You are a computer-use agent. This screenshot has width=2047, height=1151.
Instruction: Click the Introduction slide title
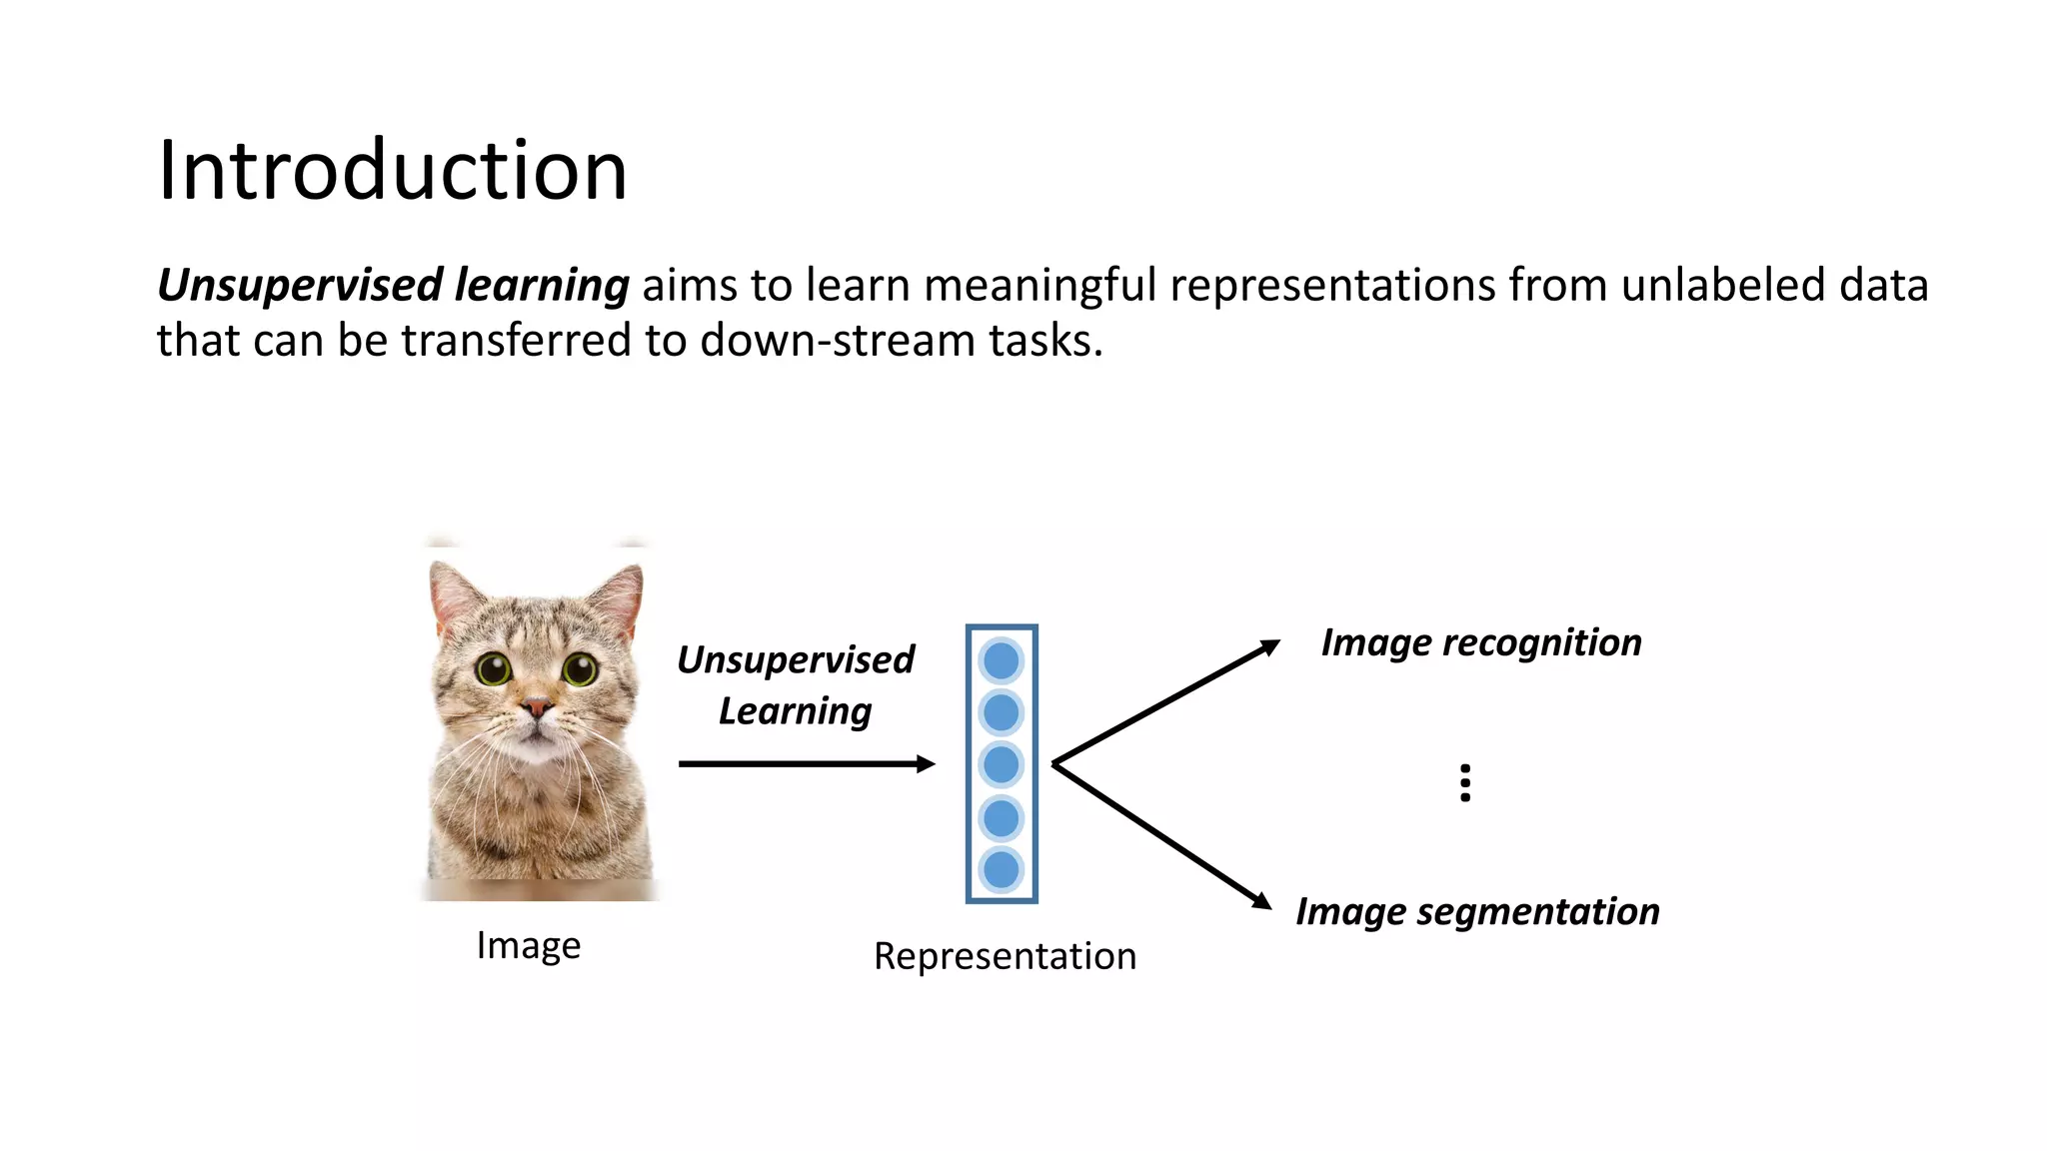click(x=392, y=171)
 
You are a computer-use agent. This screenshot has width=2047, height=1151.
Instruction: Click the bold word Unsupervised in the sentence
click(x=300, y=286)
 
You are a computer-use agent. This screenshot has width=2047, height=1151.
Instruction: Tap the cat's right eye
click(x=580, y=667)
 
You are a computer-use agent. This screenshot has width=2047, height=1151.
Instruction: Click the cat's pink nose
click(x=538, y=707)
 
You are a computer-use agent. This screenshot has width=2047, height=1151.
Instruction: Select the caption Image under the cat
click(x=528, y=945)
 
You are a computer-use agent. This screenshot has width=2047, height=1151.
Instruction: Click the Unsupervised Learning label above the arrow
click(x=796, y=685)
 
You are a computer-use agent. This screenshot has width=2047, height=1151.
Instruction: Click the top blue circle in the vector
click(x=1002, y=660)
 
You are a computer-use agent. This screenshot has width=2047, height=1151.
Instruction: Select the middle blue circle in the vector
click(x=1002, y=765)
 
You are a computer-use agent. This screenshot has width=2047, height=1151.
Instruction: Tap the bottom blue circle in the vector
click(x=1002, y=870)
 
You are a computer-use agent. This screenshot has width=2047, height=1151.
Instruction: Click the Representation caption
click(x=1005, y=956)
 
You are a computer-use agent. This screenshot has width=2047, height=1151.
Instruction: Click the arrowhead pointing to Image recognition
click(x=1270, y=646)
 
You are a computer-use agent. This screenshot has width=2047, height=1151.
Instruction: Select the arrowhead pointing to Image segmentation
click(x=1263, y=901)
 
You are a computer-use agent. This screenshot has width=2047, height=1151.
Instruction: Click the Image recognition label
click(x=1481, y=642)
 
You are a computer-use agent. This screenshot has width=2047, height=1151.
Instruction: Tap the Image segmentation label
click(x=1477, y=911)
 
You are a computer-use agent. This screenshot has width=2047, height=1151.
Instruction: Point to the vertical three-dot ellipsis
click(x=1465, y=783)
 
